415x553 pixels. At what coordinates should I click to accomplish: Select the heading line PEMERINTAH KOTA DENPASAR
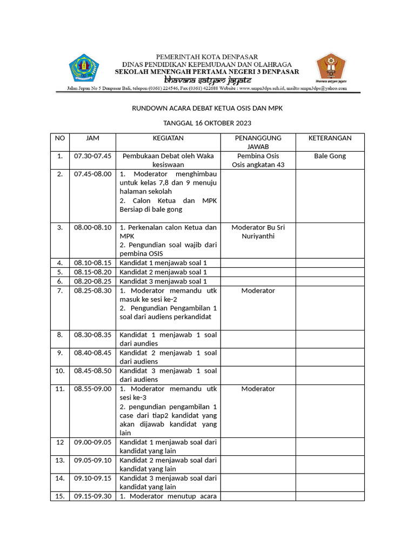click(207, 57)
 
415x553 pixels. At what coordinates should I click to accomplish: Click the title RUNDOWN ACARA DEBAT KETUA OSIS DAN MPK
click(207, 109)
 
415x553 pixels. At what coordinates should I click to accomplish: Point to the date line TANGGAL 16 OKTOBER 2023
click(207, 124)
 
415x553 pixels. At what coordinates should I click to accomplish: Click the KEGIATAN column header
click(168, 138)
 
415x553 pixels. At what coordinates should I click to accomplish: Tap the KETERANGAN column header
click(330, 138)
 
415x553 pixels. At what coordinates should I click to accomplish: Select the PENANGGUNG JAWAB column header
click(258, 142)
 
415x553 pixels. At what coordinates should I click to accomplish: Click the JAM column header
click(92, 138)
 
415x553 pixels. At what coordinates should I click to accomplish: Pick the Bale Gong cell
click(330, 156)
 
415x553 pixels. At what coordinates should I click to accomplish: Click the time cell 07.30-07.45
click(92, 156)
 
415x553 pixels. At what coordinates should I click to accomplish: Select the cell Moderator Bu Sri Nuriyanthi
click(258, 232)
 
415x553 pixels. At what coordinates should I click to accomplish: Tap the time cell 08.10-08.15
click(92, 263)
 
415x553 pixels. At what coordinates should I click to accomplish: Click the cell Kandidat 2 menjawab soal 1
click(163, 272)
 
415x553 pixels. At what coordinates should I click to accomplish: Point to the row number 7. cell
click(59, 291)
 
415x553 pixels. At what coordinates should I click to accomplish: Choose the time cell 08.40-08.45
click(92, 353)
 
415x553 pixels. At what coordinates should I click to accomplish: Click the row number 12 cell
click(59, 442)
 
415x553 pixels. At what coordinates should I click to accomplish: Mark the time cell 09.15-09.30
click(92, 496)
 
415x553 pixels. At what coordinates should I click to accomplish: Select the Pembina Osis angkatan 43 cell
click(258, 160)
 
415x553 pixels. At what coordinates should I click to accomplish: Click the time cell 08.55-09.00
click(92, 389)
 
